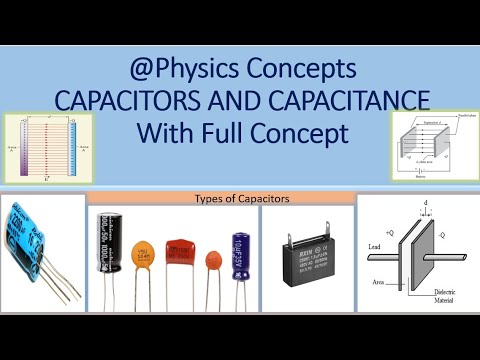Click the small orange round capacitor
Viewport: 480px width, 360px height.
click(212, 263)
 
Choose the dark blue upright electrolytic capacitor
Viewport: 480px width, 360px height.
click(241, 255)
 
